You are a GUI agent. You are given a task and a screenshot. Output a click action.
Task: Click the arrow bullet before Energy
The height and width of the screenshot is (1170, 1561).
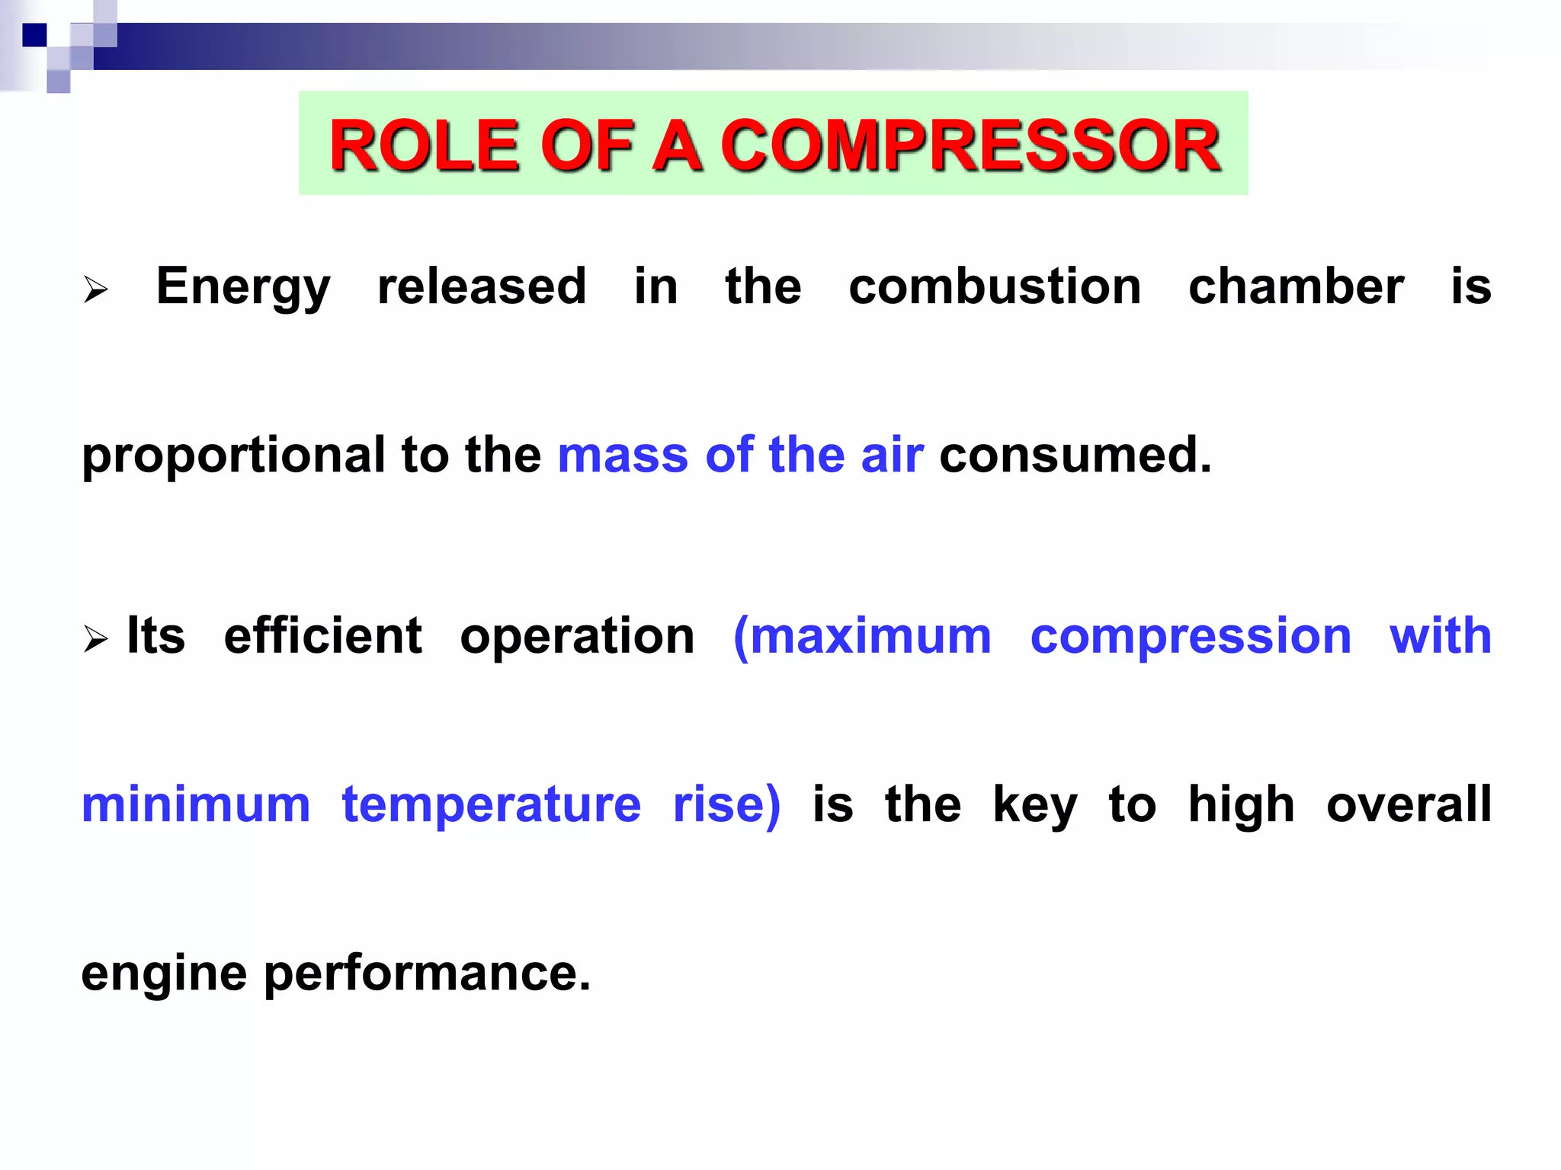pos(95,289)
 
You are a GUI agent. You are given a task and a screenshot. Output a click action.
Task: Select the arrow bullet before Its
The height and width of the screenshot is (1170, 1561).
pos(95,638)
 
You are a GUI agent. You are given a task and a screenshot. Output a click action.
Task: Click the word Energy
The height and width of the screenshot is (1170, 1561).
pos(243,287)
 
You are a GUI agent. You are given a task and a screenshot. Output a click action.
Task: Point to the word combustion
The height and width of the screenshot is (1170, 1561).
pos(995,287)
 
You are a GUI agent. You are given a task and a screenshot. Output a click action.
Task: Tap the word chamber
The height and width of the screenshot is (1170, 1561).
pos(1296,287)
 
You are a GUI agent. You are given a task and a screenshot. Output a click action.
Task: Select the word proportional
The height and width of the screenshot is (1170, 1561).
pos(233,456)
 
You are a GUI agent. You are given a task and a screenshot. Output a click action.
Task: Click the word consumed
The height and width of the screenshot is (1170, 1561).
pos(1075,456)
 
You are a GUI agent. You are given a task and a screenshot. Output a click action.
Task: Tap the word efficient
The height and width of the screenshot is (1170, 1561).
pos(322,636)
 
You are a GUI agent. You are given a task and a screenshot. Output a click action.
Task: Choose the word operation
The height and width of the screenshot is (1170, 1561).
pos(577,638)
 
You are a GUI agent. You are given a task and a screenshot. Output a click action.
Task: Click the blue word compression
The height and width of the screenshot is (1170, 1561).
pos(1191,638)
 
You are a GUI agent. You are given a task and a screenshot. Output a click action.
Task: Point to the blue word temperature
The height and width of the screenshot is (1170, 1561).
pos(492,806)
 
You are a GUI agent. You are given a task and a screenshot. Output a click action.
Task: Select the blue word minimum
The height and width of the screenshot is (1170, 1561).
pos(196,804)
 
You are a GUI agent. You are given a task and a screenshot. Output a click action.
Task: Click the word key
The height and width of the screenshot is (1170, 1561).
pos(1034,806)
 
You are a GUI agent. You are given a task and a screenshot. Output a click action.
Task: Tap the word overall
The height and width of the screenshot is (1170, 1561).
pos(1409,804)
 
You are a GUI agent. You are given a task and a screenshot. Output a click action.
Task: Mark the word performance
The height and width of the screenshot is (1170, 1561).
pos(427,973)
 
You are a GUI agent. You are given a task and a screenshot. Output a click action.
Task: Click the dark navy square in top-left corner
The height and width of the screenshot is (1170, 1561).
pos(34,35)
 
